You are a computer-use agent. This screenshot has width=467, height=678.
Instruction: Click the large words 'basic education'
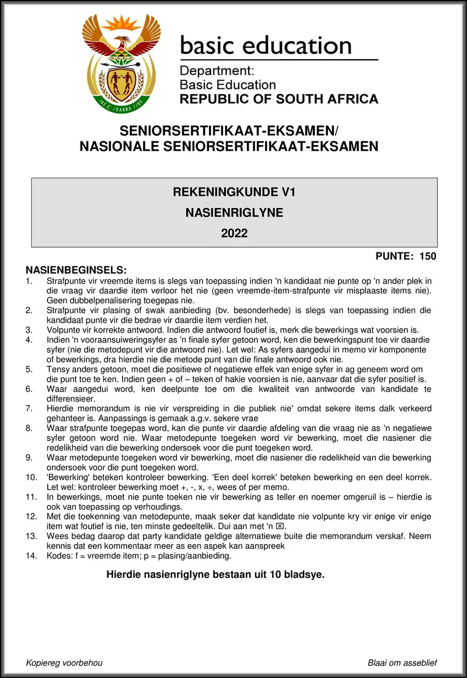click(x=266, y=46)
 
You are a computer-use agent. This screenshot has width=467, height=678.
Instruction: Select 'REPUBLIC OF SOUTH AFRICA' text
click(x=278, y=99)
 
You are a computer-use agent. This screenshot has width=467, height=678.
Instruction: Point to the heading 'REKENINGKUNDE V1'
click(x=234, y=192)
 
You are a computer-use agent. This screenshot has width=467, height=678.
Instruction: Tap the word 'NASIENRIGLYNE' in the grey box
click(x=234, y=213)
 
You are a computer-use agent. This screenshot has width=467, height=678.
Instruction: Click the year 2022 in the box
click(x=234, y=234)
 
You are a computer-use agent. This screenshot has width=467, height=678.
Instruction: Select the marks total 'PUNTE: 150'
click(x=406, y=256)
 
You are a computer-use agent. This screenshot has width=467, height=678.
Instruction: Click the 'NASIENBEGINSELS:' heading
click(x=76, y=270)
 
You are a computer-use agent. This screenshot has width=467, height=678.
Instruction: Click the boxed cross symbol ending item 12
click(x=283, y=526)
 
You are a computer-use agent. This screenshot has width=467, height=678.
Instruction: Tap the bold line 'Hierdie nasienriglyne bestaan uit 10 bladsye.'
click(x=215, y=575)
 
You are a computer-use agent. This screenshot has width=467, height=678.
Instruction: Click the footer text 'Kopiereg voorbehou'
click(x=64, y=663)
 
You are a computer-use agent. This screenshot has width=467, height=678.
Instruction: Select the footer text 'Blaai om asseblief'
click(x=402, y=663)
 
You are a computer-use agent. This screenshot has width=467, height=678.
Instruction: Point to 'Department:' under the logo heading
click(x=217, y=71)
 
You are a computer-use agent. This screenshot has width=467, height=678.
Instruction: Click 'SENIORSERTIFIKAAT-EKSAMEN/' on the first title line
click(x=229, y=130)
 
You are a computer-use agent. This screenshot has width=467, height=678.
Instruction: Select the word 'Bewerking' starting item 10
click(x=68, y=478)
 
